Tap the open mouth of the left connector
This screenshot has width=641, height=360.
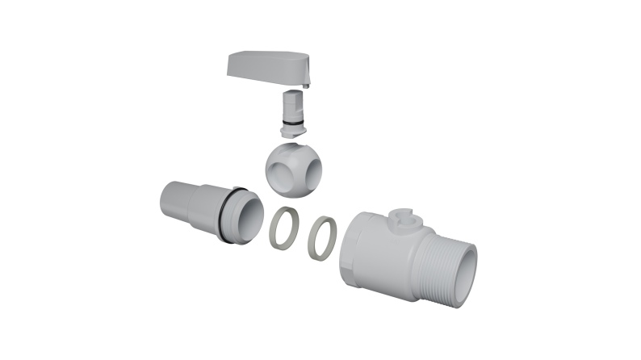point(251,216)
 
